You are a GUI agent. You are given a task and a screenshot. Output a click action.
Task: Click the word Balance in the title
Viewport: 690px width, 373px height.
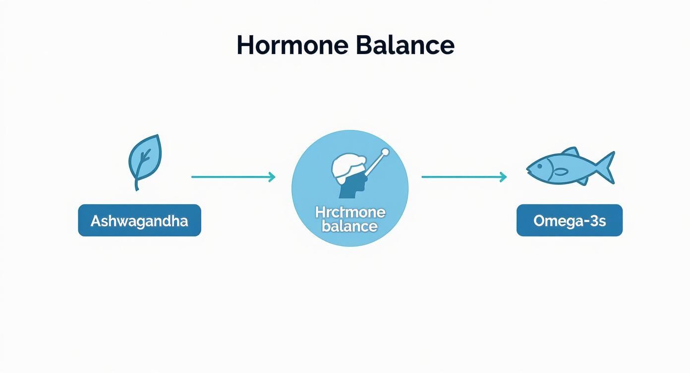(x=404, y=45)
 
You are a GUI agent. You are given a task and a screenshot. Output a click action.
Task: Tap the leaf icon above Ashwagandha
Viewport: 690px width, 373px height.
(x=144, y=158)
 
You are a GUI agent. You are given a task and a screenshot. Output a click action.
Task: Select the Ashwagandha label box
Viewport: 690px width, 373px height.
(x=139, y=220)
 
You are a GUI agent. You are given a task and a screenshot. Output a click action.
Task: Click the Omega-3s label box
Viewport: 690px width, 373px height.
(x=569, y=220)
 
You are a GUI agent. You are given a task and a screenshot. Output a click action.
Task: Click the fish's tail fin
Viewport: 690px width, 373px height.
(x=606, y=167)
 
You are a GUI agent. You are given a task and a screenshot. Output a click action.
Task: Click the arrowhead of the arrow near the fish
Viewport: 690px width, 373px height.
(x=504, y=177)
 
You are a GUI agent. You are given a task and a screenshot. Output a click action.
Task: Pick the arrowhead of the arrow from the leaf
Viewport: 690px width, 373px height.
(x=272, y=177)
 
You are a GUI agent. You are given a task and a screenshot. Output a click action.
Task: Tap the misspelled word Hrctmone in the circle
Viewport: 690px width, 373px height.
(x=350, y=213)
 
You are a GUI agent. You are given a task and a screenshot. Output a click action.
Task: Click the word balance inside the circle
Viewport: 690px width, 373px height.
(x=349, y=227)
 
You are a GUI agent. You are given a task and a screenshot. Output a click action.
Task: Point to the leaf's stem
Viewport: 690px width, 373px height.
(x=137, y=184)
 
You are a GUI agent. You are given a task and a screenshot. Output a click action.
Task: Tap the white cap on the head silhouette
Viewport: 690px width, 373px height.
(x=345, y=165)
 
